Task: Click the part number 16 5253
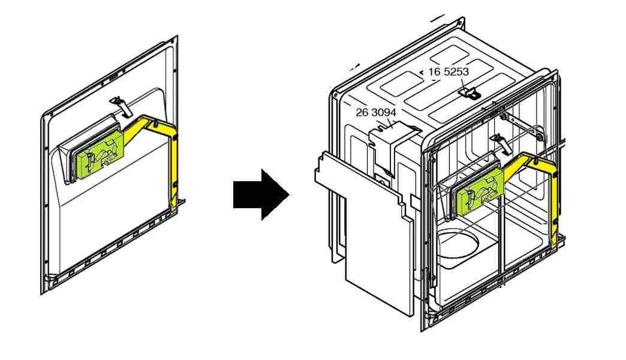[449, 71]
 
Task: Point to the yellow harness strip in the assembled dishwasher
[554, 198]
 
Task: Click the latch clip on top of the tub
[471, 92]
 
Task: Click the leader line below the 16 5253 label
[465, 83]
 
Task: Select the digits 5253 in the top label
[456, 71]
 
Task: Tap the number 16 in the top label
[434, 71]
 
